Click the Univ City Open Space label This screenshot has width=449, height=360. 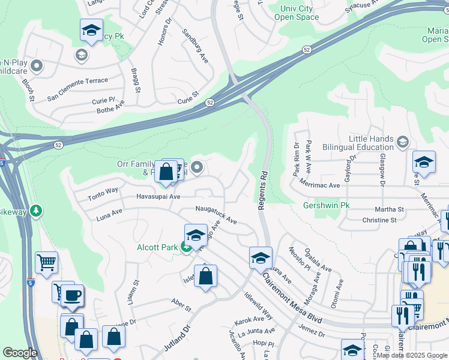coord(297,13)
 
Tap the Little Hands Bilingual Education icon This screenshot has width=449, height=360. coord(402,142)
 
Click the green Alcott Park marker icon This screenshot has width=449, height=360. coord(187,247)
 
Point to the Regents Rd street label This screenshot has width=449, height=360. coord(262,190)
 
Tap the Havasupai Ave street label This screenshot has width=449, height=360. coord(158,196)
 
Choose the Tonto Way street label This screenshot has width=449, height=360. coord(103,190)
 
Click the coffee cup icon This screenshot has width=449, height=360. coord(73,295)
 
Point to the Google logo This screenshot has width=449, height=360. coord(20,353)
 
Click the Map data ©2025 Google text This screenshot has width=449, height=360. coord(412,355)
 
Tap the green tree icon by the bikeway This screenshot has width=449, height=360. coord(37,211)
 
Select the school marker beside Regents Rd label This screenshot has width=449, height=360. coord(261,257)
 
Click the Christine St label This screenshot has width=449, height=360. coord(379,220)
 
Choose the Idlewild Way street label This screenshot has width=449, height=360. coord(258,305)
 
